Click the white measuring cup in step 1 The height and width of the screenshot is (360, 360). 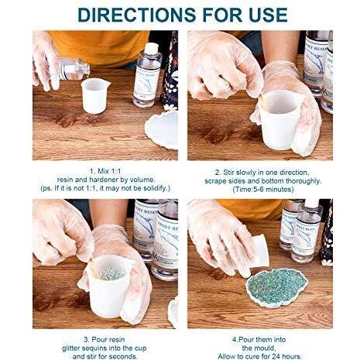coord(94,95)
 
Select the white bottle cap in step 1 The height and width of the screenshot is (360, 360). coord(151,48)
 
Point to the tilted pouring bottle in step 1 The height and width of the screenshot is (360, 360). coord(71,69)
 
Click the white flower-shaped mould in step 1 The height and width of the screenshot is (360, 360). coord(162,129)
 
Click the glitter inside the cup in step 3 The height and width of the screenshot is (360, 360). coord(112,273)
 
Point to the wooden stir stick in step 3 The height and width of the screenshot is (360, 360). coord(94,267)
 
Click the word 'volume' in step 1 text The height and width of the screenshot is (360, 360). coord(142,180)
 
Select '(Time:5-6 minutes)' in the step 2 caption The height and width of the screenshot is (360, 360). coord(263,190)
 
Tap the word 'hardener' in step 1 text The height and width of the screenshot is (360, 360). coord(105,180)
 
